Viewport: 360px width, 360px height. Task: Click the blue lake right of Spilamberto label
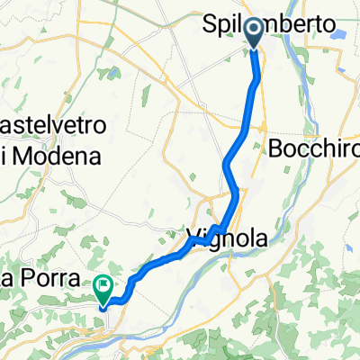click(x=339, y=32)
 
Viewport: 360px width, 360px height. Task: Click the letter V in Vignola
click(x=192, y=239)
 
